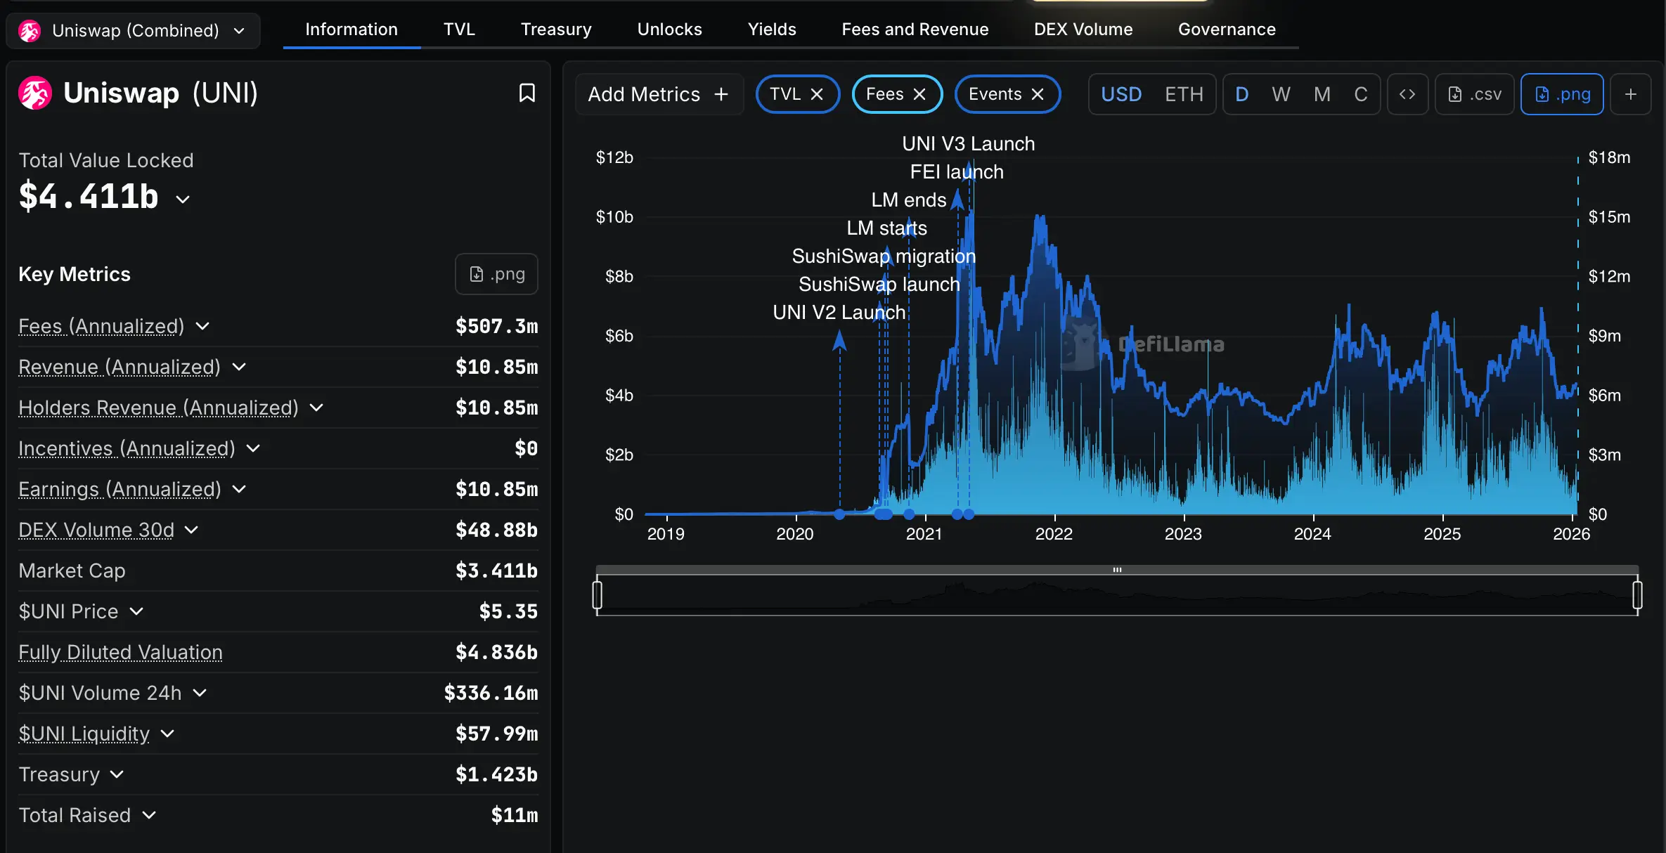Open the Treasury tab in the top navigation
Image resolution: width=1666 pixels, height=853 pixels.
[x=555, y=30]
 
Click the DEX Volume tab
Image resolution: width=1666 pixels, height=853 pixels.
[x=1083, y=30]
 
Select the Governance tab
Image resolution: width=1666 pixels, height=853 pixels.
[x=1226, y=30]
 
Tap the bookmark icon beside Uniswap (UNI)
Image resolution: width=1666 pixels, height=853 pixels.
[x=527, y=93]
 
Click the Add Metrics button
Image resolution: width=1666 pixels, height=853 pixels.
[x=658, y=94]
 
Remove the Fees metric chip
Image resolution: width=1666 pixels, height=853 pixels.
[x=919, y=94]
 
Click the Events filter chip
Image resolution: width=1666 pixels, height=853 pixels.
[x=994, y=94]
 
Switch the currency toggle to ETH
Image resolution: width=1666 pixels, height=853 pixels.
[x=1184, y=94]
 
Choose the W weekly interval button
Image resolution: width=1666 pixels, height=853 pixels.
[x=1281, y=94]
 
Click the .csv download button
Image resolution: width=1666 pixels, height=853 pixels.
[x=1475, y=94]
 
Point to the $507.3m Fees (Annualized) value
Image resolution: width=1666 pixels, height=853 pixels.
[x=496, y=326]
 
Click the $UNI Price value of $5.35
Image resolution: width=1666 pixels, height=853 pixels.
[x=508, y=611]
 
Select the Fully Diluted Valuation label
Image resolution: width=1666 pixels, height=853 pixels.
[x=120, y=652]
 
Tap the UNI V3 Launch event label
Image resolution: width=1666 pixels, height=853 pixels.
[x=968, y=144]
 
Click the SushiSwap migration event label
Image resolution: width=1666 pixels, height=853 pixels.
[x=883, y=256]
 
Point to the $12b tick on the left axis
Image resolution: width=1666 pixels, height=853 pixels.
[x=614, y=157]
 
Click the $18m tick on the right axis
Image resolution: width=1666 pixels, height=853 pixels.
[x=1608, y=157]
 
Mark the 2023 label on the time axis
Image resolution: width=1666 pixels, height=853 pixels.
[x=1183, y=534]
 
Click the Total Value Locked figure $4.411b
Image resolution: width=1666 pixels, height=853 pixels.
[x=89, y=196]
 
